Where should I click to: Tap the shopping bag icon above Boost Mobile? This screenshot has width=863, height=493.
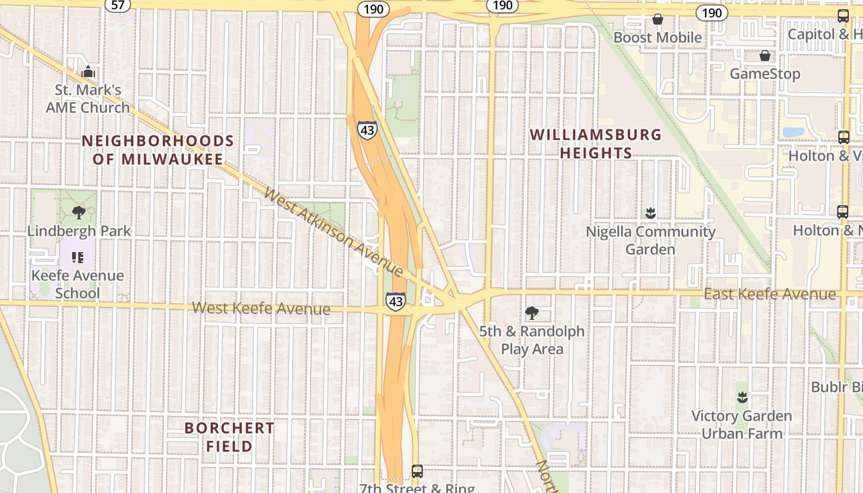pyautogui.click(x=658, y=19)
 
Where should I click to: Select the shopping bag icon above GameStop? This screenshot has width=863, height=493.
pyautogui.click(x=765, y=55)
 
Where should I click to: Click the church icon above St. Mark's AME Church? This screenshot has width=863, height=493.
pyautogui.click(x=88, y=71)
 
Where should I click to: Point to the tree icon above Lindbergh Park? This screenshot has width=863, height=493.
pyautogui.click(x=78, y=213)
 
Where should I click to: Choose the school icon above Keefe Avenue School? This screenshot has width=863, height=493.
pyautogui.click(x=77, y=257)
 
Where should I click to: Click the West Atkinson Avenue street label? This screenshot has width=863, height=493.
pyautogui.click(x=333, y=232)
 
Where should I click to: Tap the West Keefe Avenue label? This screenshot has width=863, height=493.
pyautogui.click(x=261, y=308)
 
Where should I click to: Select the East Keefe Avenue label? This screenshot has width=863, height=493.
pyautogui.click(x=770, y=294)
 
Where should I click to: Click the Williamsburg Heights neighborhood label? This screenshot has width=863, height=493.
pyautogui.click(x=595, y=144)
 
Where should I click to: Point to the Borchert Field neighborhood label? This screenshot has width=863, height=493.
pyautogui.click(x=229, y=436)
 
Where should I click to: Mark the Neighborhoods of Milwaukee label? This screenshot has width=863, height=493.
pyautogui.click(x=158, y=150)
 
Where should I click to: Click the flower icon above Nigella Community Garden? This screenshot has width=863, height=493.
pyautogui.click(x=650, y=213)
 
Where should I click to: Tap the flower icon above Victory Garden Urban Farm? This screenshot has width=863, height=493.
pyautogui.click(x=742, y=397)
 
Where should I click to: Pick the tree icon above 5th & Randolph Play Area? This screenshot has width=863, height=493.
pyautogui.click(x=531, y=313)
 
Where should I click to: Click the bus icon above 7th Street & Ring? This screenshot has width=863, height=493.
pyautogui.click(x=417, y=471)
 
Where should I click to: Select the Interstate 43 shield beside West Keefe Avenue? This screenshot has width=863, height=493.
pyautogui.click(x=396, y=301)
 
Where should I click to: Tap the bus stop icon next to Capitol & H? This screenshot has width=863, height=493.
pyautogui.click(x=843, y=16)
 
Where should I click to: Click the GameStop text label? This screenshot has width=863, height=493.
pyautogui.click(x=765, y=74)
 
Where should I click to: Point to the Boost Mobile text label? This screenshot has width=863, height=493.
pyautogui.click(x=658, y=38)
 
